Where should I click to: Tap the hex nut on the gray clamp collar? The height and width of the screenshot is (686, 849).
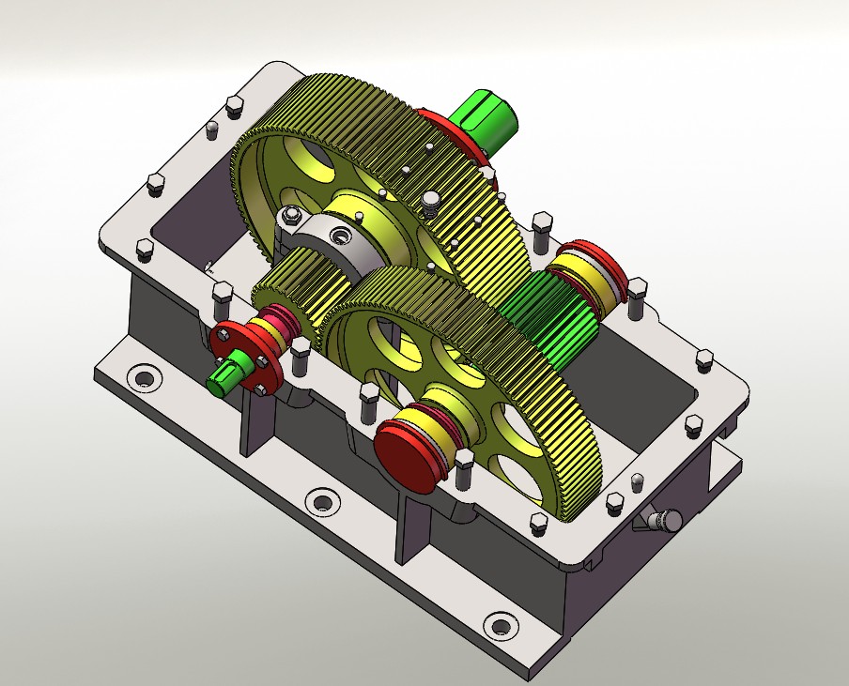(291, 217)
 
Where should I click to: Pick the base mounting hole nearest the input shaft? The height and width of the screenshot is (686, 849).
(144, 378)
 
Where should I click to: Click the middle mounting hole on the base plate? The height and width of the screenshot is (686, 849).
(321, 501)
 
